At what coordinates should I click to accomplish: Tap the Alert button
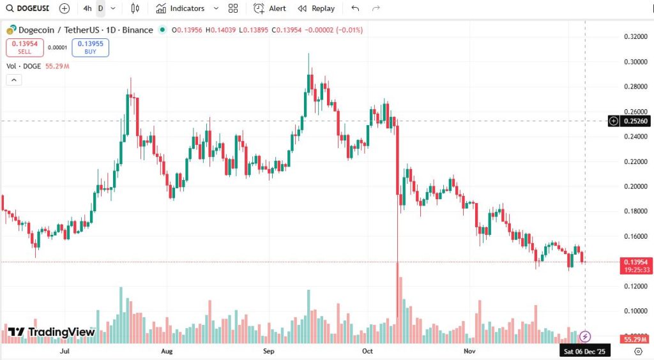pyautogui.click(x=270, y=8)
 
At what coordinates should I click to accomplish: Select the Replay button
pyautogui.click(x=316, y=8)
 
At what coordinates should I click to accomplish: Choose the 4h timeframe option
pyautogui.click(x=87, y=8)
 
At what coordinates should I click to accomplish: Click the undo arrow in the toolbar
pyautogui.click(x=355, y=8)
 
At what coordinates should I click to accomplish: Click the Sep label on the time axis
pyautogui.click(x=269, y=351)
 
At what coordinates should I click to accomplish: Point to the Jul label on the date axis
pyautogui.click(x=64, y=351)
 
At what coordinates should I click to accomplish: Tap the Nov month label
pyautogui.click(x=469, y=351)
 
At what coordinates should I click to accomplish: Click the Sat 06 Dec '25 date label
pyautogui.click(x=584, y=351)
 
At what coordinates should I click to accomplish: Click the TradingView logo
pyautogui.click(x=51, y=332)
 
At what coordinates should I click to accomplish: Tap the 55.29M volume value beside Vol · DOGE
pyautogui.click(x=57, y=66)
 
